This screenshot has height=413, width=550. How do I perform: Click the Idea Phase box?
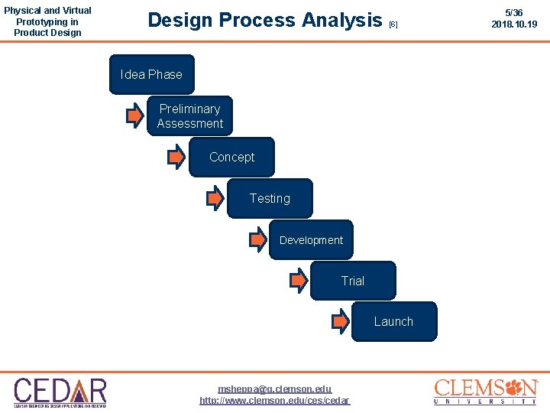pyautogui.click(x=152, y=74)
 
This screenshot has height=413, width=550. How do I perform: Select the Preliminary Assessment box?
pyautogui.click(x=189, y=116)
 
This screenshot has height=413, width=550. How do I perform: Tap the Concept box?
pyautogui.click(x=231, y=157)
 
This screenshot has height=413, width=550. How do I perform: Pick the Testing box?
pyautogui.click(x=270, y=198)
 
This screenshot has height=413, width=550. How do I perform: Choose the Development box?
pyautogui.click(x=311, y=239)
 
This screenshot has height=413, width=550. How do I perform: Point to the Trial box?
pyautogui.click(x=353, y=281)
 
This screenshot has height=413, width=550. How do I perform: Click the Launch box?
pyautogui.click(x=393, y=321)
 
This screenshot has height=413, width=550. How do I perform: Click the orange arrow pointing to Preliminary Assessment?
pyautogui.click(x=134, y=116)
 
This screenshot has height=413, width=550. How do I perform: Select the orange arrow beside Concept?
pyautogui.click(x=176, y=158)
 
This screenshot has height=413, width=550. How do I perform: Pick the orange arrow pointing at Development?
pyautogui.click(x=258, y=239)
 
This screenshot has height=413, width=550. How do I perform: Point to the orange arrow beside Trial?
pyautogui.click(x=299, y=281)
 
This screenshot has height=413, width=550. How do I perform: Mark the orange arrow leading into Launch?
pyautogui.click(x=340, y=321)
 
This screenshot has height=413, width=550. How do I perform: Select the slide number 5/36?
pyautogui.click(x=514, y=13)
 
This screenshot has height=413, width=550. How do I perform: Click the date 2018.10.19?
pyautogui.click(x=514, y=24)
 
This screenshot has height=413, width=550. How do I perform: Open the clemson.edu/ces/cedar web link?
pyautogui.click(x=275, y=400)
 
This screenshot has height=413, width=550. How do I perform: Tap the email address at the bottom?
pyautogui.click(x=275, y=389)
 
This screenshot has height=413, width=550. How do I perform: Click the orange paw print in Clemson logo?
pyautogui.click(x=526, y=387)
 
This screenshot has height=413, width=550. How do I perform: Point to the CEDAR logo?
pyautogui.click(x=60, y=392)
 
